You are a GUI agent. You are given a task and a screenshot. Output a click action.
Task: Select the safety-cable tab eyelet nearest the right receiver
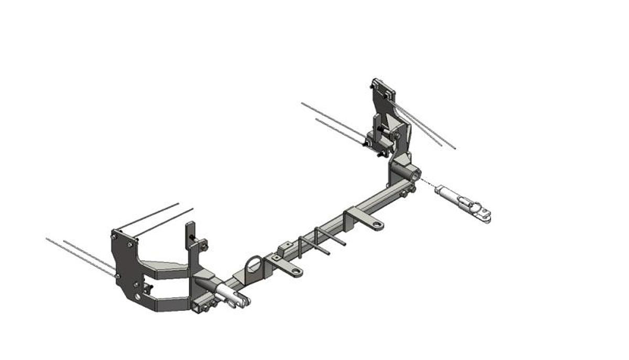pos(376,225)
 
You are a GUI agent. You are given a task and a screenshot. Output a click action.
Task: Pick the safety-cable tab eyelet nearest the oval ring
pos(296,271)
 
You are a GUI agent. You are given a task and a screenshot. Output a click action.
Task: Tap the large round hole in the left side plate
pos(137,297)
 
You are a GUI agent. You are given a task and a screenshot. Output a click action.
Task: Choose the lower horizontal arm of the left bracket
pos(168,303)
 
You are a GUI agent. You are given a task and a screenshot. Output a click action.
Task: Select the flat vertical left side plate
pos(126,267)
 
